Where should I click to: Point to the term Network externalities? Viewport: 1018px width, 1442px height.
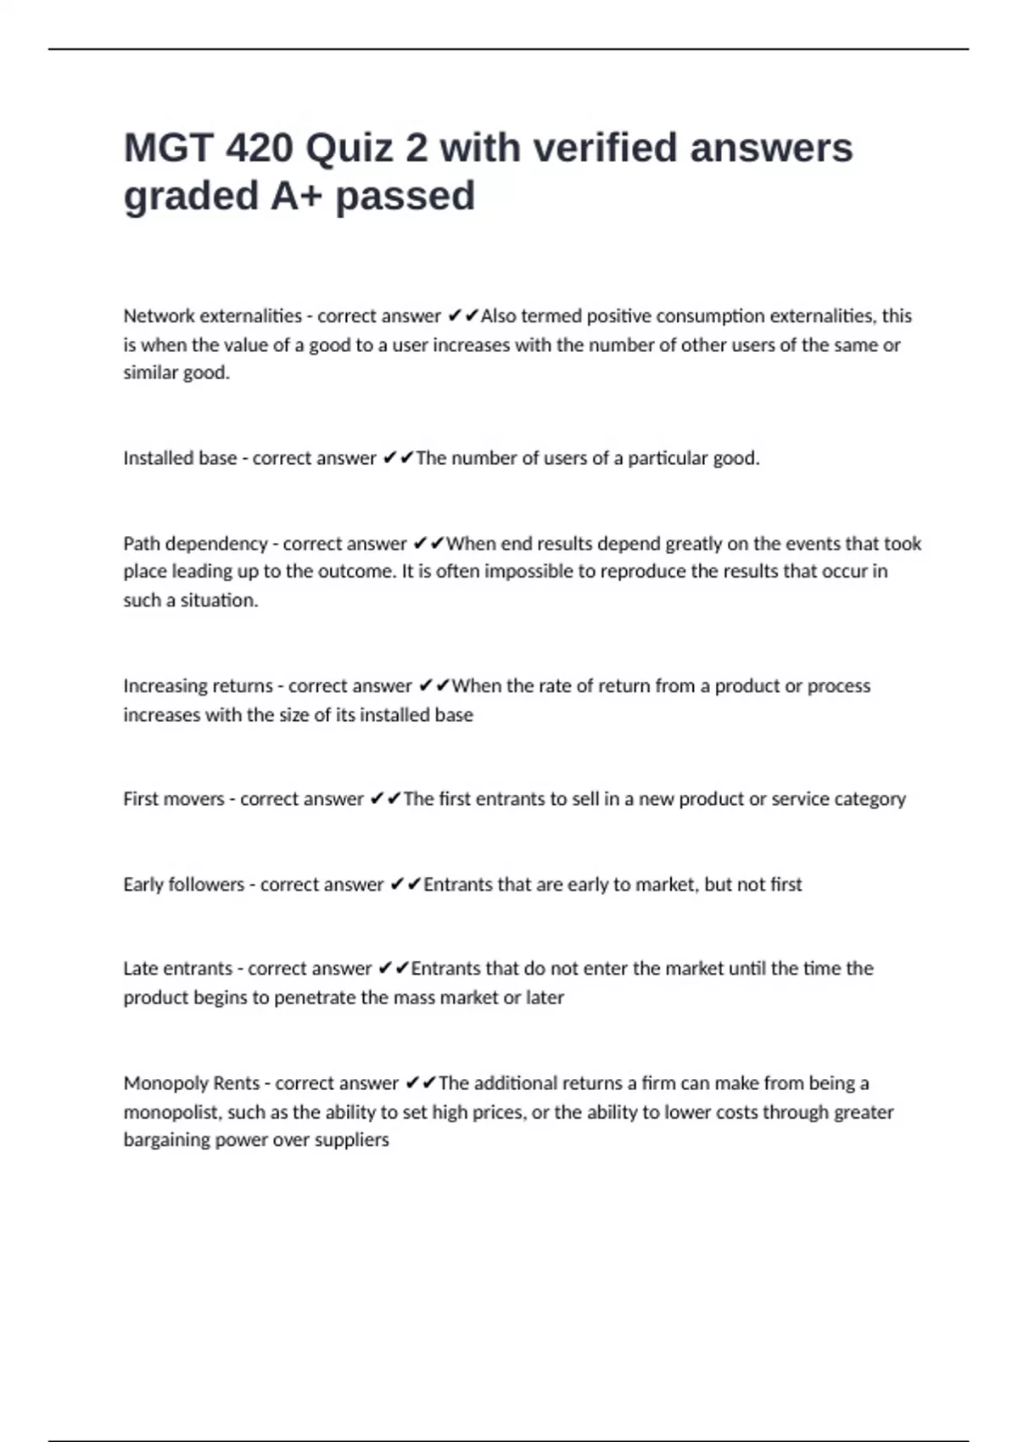[212, 316]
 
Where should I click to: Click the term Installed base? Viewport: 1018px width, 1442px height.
[180, 458]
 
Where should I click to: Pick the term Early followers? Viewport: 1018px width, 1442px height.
[183, 885]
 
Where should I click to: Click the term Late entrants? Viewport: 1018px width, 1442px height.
[177, 969]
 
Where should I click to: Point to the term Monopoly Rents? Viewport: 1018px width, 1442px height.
[191, 1083]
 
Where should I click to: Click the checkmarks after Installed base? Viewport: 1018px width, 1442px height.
[398, 458]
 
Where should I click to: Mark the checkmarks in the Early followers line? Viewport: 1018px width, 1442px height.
[406, 885]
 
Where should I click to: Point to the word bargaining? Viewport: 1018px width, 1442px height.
[166, 1140]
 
